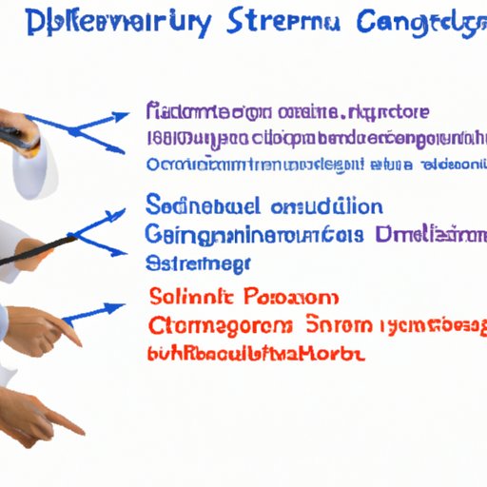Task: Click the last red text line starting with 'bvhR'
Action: pos(257,355)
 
